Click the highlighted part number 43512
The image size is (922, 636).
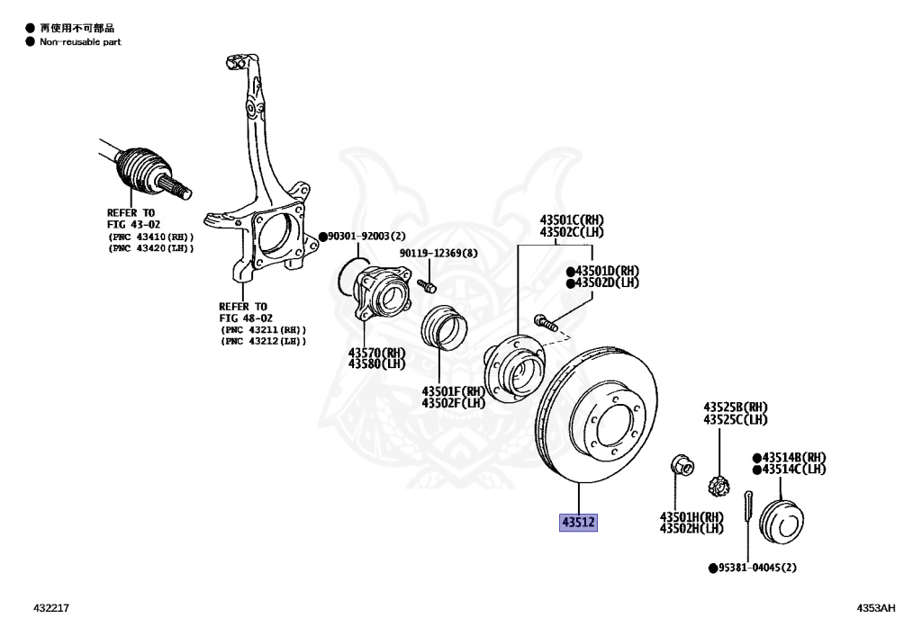coord(579,522)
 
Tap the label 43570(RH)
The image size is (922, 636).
coord(377,353)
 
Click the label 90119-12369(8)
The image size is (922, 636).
coord(438,253)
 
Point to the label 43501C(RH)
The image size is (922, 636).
coord(572,219)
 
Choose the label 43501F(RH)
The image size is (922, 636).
coord(453,391)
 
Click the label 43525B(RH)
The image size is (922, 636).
coord(736,407)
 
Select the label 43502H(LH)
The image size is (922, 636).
coord(691,528)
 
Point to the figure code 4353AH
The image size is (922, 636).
coord(875,609)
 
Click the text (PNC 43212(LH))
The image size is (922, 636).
coord(264,341)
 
